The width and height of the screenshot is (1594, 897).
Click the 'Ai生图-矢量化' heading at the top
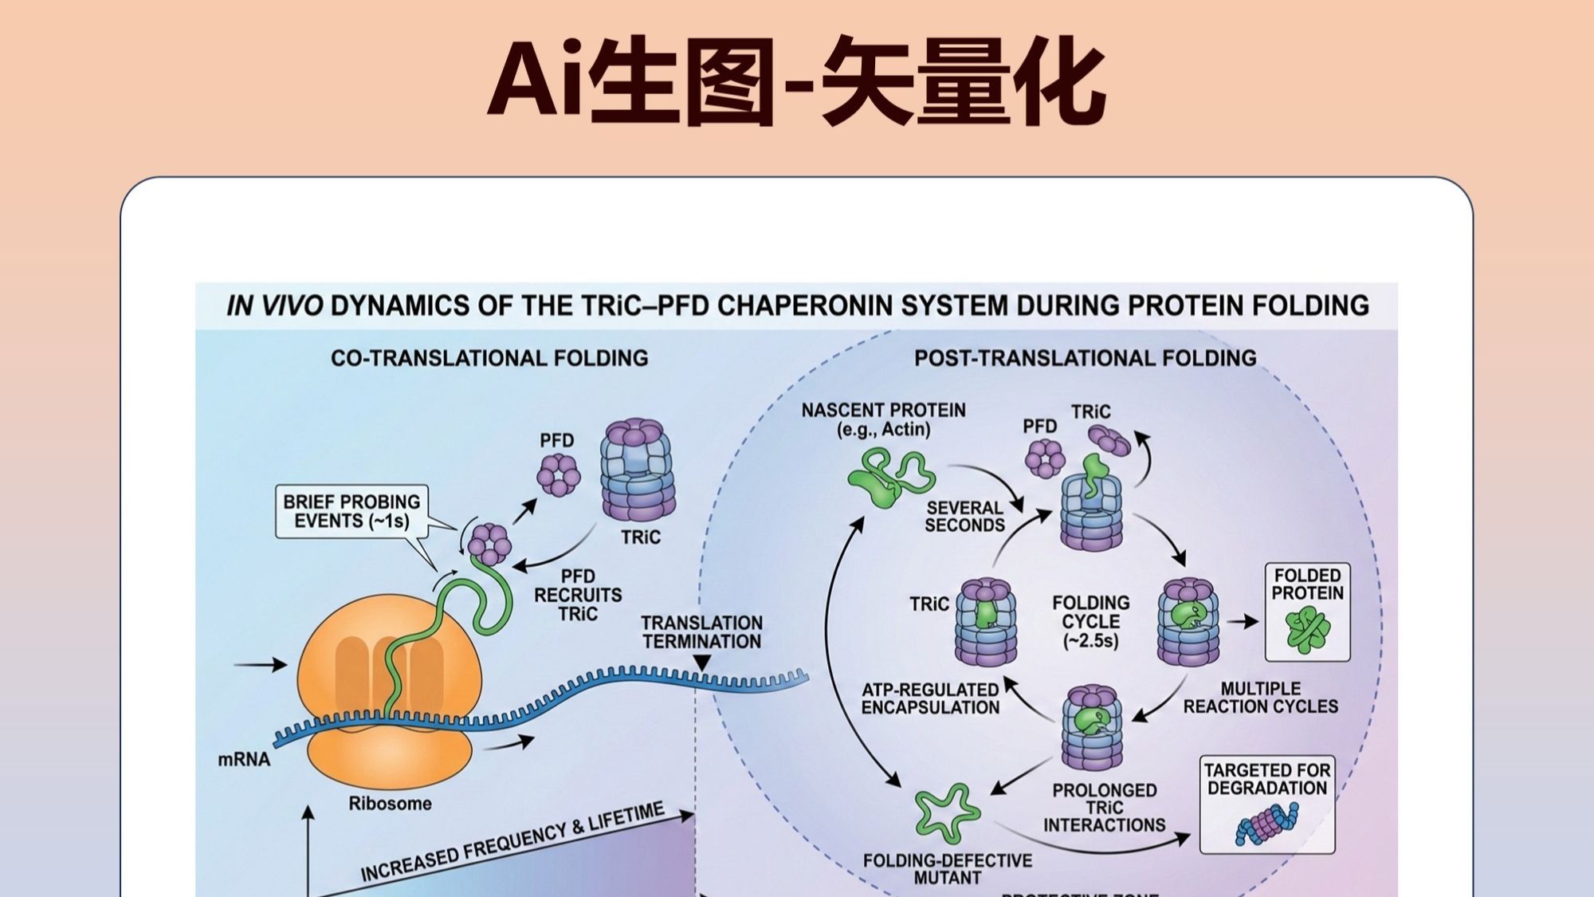point(796,82)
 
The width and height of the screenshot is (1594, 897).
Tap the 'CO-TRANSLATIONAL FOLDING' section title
point(489,358)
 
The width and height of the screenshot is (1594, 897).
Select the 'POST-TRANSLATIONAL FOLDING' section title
point(1085,358)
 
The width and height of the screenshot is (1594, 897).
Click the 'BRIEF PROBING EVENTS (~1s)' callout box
point(351,511)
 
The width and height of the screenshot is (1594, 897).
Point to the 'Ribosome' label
point(390,803)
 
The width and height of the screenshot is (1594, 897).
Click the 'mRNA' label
point(244,759)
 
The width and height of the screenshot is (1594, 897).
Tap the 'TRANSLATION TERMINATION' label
point(701,631)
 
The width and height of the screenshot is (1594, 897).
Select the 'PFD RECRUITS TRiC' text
point(578,595)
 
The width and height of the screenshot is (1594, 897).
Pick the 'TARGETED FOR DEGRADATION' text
point(1266,779)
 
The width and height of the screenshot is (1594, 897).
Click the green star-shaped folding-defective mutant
point(946,813)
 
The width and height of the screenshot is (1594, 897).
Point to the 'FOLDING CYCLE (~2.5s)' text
point(1091,621)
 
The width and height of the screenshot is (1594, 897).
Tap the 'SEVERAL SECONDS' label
point(964,516)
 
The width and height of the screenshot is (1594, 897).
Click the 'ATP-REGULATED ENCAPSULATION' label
point(930,698)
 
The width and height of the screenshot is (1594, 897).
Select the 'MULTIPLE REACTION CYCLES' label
point(1260,698)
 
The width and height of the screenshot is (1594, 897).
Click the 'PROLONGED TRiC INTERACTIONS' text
point(1104,807)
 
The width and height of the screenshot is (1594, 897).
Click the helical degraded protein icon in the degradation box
point(1266,824)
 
